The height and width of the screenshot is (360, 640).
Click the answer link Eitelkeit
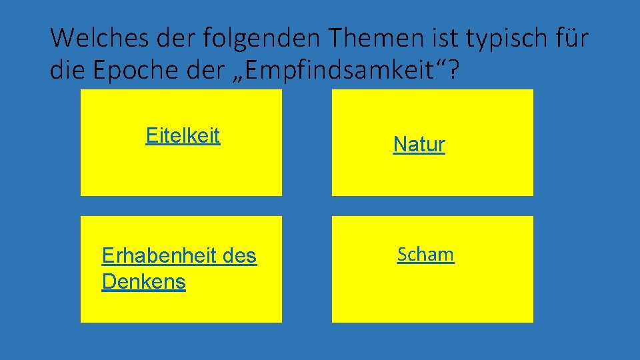pyautogui.click(x=183, y=136)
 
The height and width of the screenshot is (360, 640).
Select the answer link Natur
pyautogui.click(x=419, y=144)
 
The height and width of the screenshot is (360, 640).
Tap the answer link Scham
pyautogui.click(x=425, y=254)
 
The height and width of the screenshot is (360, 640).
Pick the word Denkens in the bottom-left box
pyautogui.click(x=143, y=282)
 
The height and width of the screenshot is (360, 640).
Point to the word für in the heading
pyautogui.click(x=571, y=39)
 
